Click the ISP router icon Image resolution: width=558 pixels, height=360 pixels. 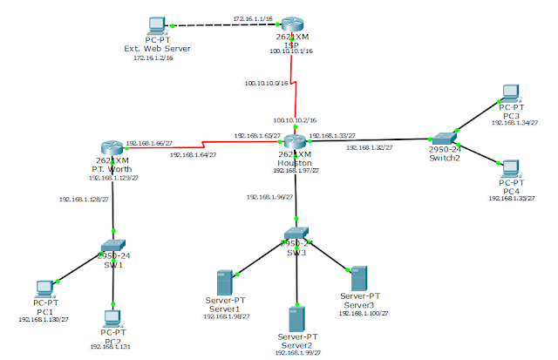click(x=296, y=25)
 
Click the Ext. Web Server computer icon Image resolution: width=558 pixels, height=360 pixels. click(x=158, y=25)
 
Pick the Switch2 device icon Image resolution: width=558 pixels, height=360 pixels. click(x=444, y=138)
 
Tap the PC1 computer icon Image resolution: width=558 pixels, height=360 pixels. click(x=44, y=288)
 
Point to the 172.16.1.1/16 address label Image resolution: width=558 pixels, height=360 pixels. click(x=252, y=17)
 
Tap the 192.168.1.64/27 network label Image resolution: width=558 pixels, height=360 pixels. click(x=194, y=153)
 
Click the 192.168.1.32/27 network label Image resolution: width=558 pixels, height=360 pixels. click(x=369, y=148)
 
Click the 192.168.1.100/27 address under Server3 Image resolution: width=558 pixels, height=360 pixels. click(x=359, y=311)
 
